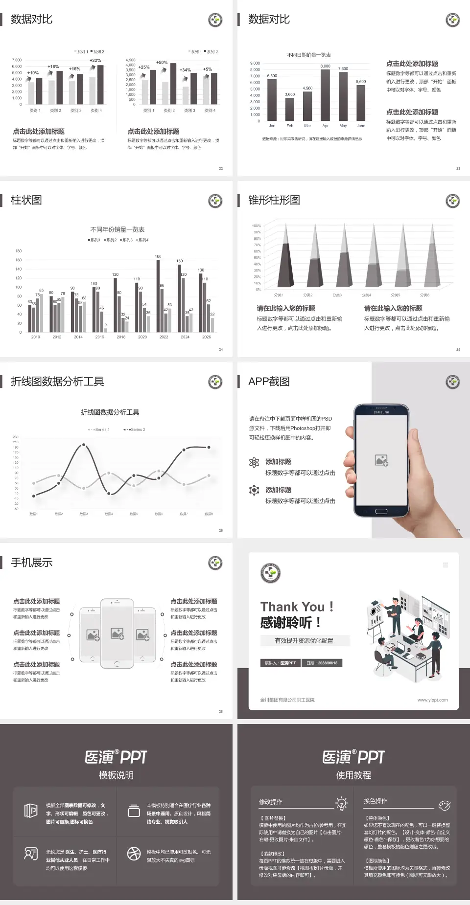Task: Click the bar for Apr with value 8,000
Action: coord(325,95)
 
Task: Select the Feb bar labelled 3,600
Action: coord(290,109)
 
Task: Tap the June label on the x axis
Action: coord(361,126)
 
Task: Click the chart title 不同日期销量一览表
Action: coord(309,55)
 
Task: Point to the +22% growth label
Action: coord(95,61)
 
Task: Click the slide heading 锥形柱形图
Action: coord(274,200)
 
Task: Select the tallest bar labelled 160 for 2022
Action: coord(158,296)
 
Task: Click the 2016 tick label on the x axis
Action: coord(99,337)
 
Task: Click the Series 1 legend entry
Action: coord(99,430)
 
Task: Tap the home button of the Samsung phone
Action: coord(381,511)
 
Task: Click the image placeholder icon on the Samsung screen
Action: coord(381,460)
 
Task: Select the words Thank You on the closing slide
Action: coord(292,607)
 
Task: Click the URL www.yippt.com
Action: coord(432,700)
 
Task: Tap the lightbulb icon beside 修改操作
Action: coord(341,803)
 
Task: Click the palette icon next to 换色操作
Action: coord(445,805)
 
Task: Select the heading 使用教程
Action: coord(353,775)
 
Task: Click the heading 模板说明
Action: coord(116,775)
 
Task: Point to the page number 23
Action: coord(458,168)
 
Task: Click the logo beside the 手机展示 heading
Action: coord(215,563)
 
